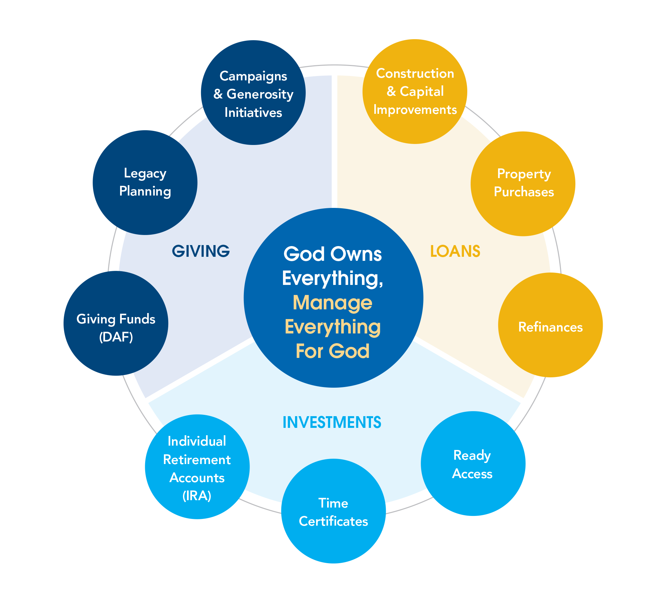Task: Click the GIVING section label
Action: click(201, 251)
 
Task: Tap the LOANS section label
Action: click(455, 251)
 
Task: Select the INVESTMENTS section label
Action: click(332, 422)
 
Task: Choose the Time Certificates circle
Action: click(333, 511)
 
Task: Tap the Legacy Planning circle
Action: click(145, 182)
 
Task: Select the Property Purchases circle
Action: click(523, 183)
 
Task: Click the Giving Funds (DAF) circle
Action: click(116, 323)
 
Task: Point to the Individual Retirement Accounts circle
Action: click(197, 467)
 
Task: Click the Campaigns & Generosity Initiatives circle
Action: click(253, 92)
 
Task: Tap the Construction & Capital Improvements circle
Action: click(415, 91)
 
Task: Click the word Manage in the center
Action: click(332, 303)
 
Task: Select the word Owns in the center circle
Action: click(360, 254)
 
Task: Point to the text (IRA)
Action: click(197, 496)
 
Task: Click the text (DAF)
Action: click(116, 337)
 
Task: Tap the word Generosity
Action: click(260, 94)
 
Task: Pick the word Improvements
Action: click(415, 109)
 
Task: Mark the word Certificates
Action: click(333, 521)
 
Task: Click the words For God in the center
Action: click(332, 351)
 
